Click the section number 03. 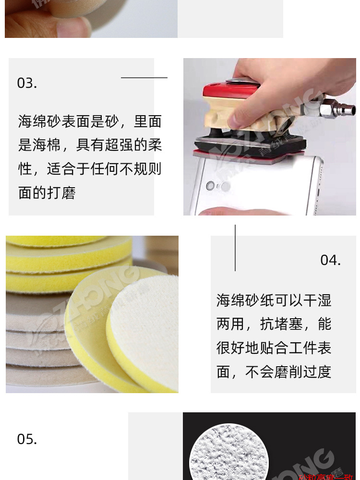(27, 83)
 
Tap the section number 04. (330, 260)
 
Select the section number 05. (27, 439)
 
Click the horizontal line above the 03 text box (144, 77)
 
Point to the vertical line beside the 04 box (235, 248)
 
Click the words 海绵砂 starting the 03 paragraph (40, 121)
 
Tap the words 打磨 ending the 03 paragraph (61, 193)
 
